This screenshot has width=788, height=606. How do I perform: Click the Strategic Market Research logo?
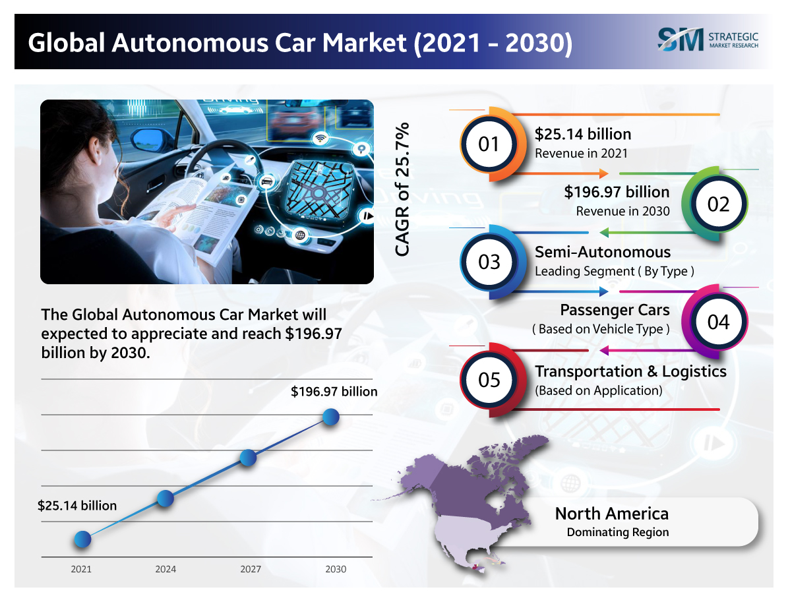[708, 38]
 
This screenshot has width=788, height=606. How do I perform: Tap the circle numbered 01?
[489, 143]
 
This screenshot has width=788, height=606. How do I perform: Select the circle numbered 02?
[718, 204]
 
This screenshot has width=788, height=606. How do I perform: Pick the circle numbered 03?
[489, 262]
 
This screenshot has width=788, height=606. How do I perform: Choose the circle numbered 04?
[718, 321]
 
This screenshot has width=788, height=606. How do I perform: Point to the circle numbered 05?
[489, 380]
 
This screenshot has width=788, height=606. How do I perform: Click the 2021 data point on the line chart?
[82, 539]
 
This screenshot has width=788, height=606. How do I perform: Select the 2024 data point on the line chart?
[166, 499]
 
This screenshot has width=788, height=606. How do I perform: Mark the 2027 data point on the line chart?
[248, 458]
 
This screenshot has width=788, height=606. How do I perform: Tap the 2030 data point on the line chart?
[331, 417]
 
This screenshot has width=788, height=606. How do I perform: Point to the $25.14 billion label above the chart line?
[77, 506]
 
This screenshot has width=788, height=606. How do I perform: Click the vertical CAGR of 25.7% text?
[402, 189]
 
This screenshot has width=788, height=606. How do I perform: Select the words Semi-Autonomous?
[602, 252]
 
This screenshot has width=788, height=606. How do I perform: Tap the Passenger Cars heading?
[615, 310]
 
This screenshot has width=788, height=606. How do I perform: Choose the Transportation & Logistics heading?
[630, 371]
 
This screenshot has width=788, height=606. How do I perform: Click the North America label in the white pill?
[611, 513]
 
